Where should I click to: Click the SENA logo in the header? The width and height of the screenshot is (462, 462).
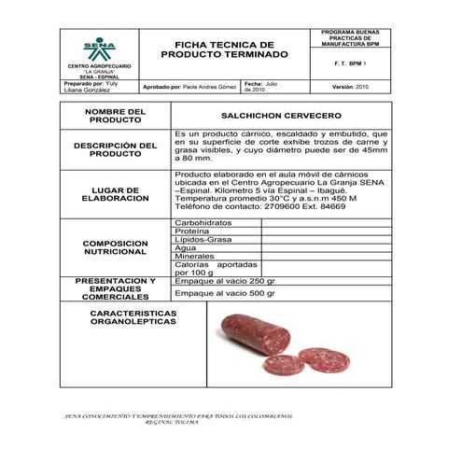tap(99, 49)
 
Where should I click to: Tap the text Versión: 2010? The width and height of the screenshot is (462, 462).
tap(350, 87)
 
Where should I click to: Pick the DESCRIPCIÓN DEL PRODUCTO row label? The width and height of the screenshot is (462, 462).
tap(116, 149)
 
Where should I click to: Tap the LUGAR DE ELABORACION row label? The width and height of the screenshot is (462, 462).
tap(116, 194)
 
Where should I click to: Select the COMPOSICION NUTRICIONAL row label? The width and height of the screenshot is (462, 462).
tap(116, 246)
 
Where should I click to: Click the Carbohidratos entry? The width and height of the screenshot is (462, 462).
tap(203, 223)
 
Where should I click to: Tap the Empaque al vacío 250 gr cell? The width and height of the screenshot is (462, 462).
tap(225, 281)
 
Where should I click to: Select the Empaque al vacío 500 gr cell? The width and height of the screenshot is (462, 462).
tap(225, 293)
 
